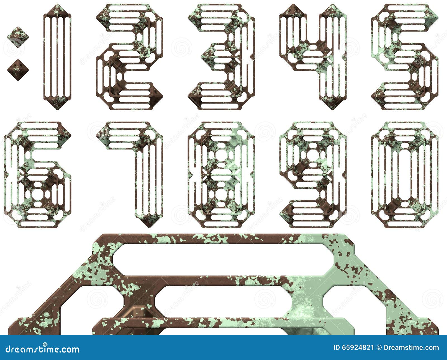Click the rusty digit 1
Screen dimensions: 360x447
tap(57, 56)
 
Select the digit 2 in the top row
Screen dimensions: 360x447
tap(129, 56)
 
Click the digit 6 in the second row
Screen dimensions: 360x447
tap(38, 174)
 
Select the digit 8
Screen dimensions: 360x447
tap(221, 174)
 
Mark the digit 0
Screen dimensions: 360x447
tap(405, 174)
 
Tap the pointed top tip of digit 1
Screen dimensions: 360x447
tap(57, 6)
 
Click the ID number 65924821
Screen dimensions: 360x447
tap(358, 348)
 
